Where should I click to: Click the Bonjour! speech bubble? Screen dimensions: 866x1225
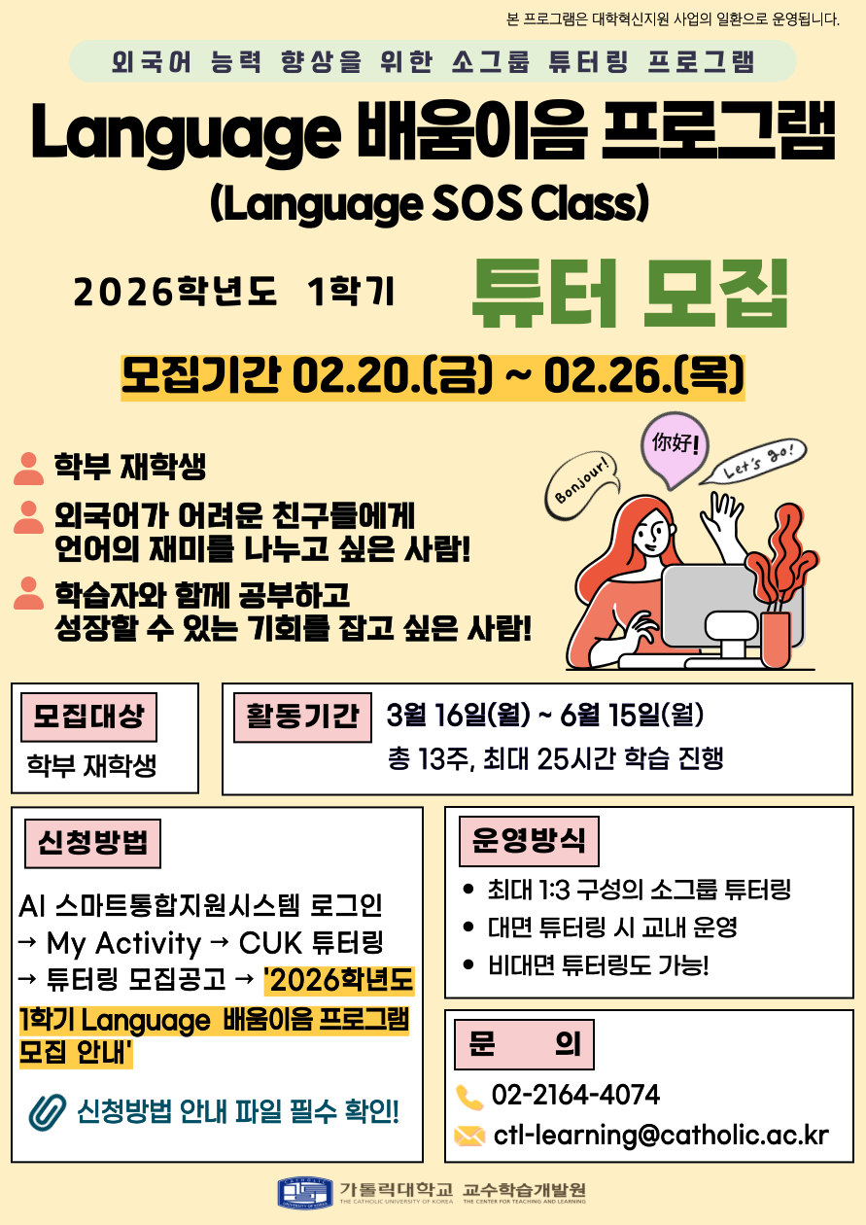click(583, 485)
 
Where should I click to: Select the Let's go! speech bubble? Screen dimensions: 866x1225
click(755, 461)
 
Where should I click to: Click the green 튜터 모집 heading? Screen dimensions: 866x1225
click(629, 294)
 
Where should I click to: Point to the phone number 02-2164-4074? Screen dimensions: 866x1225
click(575, 1095)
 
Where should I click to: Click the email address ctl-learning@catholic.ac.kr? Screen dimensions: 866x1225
click(661, 1135)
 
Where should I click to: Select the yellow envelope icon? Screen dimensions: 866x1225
click(469, 1136)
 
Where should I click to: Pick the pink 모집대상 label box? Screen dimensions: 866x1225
click(89, 717)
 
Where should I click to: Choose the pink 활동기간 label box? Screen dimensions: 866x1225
click(302, 717)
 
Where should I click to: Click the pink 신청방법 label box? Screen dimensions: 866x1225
click(93, 843)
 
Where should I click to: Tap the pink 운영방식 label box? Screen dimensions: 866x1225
click(529, 841)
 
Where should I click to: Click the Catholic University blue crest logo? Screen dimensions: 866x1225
click(305, 1193)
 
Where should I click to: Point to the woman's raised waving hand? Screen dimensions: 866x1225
click(723, 517)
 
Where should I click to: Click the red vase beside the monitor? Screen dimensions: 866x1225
click(776, 639)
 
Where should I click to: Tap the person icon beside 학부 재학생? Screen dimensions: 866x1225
click(28, 469)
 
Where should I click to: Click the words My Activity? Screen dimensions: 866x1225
click(124, 943)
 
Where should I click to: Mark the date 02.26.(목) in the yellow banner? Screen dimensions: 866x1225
click(644, 376)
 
